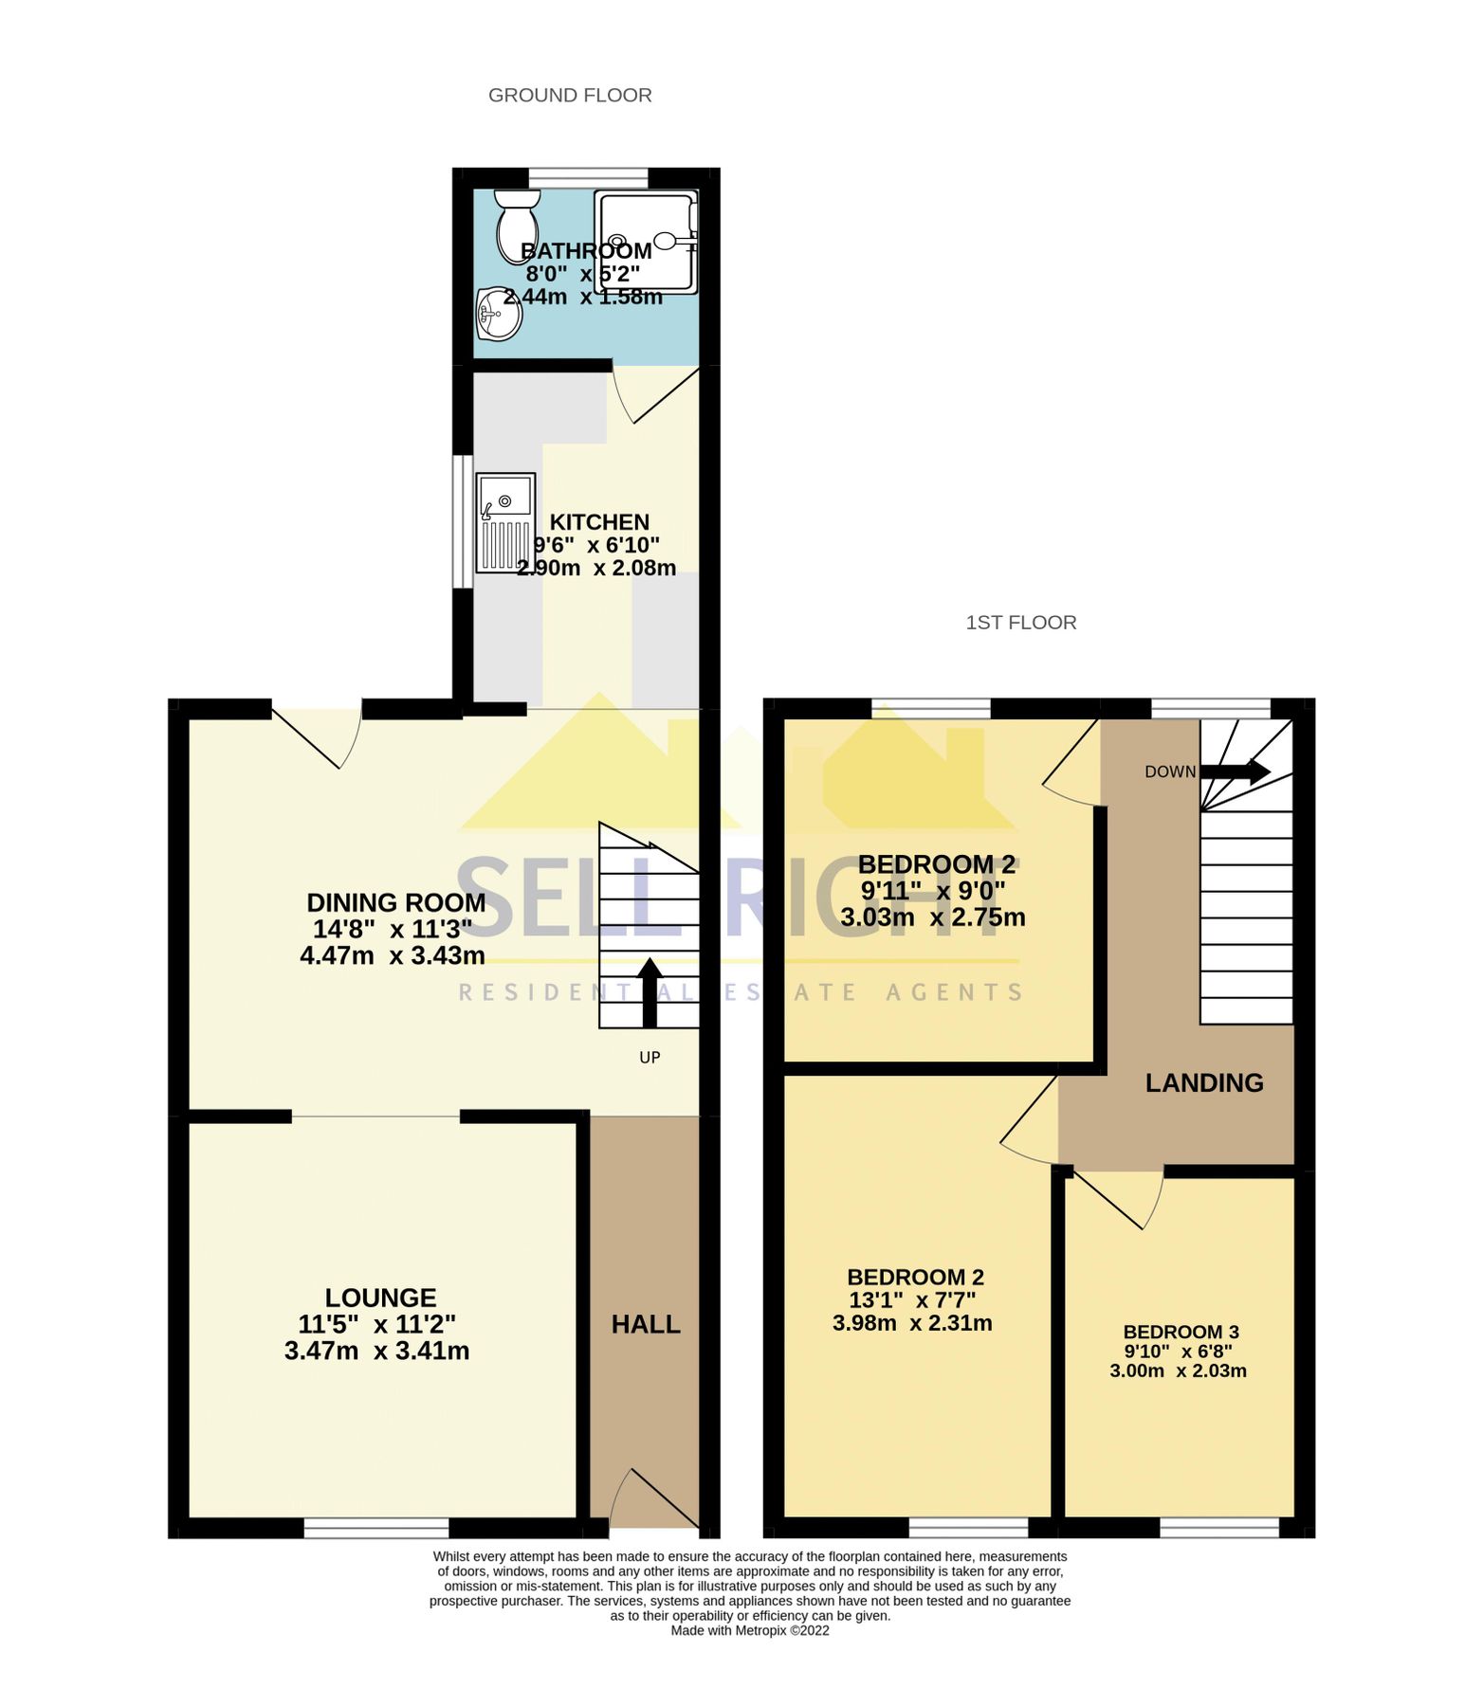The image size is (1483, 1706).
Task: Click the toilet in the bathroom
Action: click(517, 226)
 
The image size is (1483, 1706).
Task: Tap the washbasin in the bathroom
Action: click(499, 314)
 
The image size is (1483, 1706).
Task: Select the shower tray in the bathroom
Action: click(646, 242)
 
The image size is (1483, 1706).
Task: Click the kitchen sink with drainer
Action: click(505, 523)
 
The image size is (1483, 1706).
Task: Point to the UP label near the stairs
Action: click(650, 1058)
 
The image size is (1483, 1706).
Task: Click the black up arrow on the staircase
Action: click(650, 991)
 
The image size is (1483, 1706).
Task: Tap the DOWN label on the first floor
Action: click(1170, 771)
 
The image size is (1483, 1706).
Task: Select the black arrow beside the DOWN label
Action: click(1236, 771)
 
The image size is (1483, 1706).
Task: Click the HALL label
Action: click(646, 1325)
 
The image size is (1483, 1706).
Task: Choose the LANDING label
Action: click(1204, 1083)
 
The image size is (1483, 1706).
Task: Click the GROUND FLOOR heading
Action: click(570, 96)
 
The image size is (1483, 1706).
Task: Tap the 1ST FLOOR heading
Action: click(1021, 623)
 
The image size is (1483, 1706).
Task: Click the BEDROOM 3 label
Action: click(1181, 1332)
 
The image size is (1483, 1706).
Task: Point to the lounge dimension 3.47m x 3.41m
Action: click(376, 1352)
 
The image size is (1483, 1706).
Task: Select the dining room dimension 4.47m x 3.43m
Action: click(393, 955)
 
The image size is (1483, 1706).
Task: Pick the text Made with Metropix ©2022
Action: click(750, 1631)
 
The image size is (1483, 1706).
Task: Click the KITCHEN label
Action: click(599, 522)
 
